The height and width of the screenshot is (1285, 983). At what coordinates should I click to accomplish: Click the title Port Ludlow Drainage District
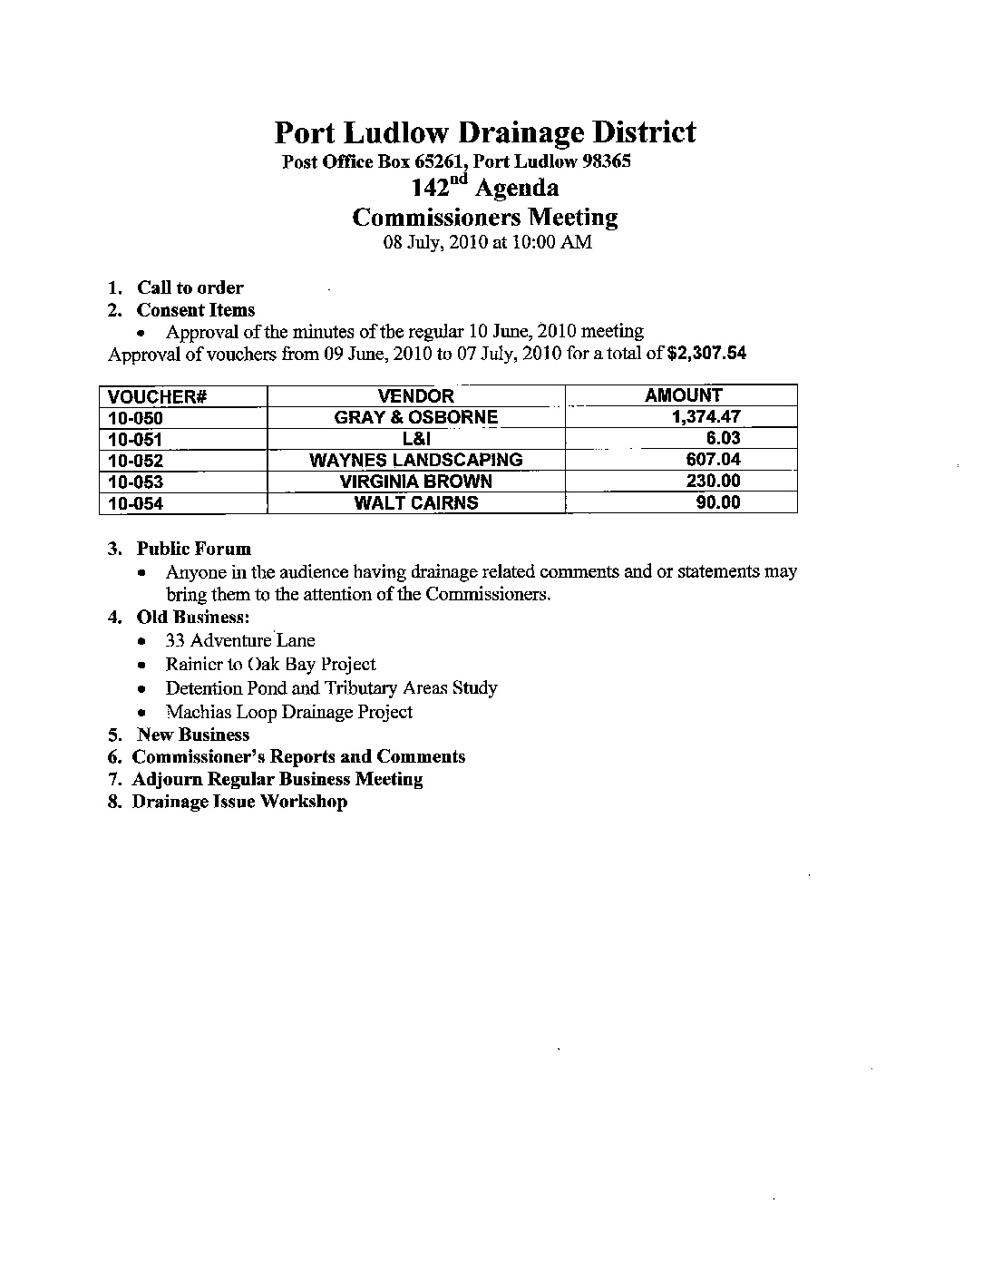pos(485,132)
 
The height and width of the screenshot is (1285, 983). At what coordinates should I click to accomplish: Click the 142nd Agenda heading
pos(485,188)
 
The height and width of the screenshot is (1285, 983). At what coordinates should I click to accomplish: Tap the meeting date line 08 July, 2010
pos(487,242)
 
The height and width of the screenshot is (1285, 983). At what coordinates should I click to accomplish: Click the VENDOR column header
pos(415,395)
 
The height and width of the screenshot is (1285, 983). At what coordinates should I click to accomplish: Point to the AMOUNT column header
pos(683,394)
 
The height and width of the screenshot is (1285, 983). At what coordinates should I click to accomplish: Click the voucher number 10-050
pos(135,418)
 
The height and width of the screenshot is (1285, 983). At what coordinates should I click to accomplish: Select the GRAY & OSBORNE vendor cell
pos(415,417)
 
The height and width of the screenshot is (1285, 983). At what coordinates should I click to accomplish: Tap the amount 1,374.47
pos(706,417)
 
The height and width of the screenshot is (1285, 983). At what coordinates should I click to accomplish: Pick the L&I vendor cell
pos(415,439)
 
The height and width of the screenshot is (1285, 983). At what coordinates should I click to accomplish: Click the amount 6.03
pos(724,438)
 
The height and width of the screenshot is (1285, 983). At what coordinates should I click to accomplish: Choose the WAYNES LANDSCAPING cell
pos(415,460)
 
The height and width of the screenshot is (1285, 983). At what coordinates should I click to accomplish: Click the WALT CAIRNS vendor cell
pos(415,502)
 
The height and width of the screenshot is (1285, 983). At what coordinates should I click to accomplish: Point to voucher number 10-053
pos(135,482)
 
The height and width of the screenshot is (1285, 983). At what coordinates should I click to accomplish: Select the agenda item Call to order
pos(190,287)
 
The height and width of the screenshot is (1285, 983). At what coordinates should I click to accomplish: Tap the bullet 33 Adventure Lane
pos(240,640)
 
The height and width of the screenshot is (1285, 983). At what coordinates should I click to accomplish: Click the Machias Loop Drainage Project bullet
pos(288,712)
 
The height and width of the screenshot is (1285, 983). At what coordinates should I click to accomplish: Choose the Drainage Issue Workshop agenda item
pos(239,801)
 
